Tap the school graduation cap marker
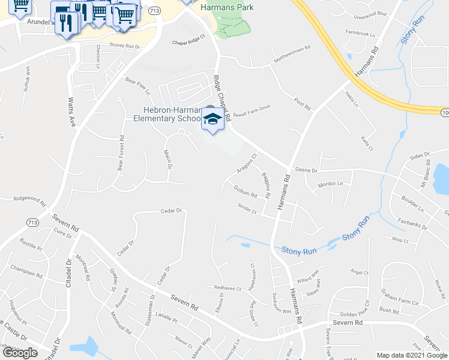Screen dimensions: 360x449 click(212, 119)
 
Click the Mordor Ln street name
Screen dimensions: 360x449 click(331, 184)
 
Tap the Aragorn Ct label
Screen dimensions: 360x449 click(246, 163)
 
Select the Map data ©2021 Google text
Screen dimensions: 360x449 click(412, 355)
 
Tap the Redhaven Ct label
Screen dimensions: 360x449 click(228, 288)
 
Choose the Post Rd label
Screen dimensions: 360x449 click(303, 103)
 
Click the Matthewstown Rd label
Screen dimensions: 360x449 click(291, 52)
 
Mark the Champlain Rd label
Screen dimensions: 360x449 click(27, 271)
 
